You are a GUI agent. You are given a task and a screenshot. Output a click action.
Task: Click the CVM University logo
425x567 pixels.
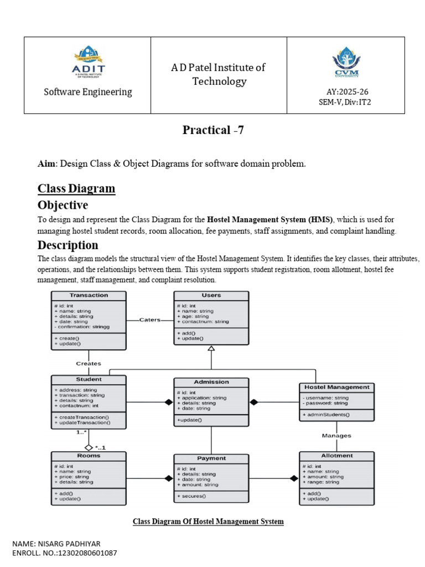[x=345, y=64]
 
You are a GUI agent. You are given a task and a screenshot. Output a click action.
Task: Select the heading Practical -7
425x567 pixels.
[x=213, y=130]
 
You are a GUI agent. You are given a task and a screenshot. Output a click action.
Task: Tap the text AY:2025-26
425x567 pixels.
[x=345, y=92]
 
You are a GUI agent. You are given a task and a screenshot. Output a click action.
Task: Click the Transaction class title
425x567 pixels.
[x=89, y=296]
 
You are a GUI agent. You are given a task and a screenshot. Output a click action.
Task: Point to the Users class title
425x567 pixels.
[x=211, y=296]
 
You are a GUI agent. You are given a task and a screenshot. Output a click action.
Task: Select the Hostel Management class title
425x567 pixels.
[x=336, y=387]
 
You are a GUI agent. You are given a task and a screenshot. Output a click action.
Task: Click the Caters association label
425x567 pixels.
[x=150, y=319]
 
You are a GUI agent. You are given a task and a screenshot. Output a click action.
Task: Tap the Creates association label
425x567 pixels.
[x=89, y=363]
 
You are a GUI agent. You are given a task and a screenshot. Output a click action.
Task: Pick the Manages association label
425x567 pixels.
[x=336, y=436]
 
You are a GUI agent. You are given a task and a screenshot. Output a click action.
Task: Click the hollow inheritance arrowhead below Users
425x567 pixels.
[x=211, y=348]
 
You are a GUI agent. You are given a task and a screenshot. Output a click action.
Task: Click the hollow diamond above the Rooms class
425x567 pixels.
[x=88, y=446]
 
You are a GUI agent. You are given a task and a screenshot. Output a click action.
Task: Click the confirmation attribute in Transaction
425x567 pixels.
[x=82, y=327]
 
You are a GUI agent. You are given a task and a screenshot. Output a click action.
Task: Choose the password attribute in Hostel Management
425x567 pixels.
[x=325, y=403]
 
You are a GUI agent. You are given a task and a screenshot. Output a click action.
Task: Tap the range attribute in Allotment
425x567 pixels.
[x=321, y=482]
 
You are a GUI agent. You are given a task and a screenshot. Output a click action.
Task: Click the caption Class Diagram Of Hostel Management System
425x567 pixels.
[x=208, y=522]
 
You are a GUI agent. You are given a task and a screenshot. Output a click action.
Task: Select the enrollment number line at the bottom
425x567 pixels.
[x=65, y=553]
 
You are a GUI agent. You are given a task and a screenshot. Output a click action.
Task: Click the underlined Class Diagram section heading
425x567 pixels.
[x=76, y=188]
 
